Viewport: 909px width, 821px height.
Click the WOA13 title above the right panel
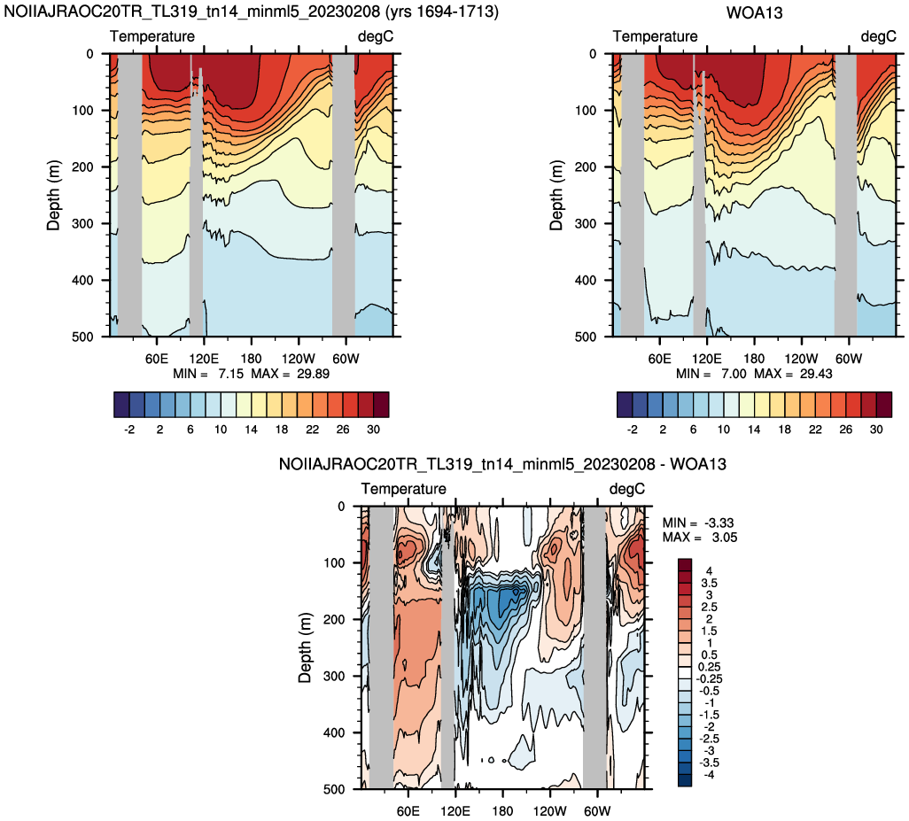coord(754,12)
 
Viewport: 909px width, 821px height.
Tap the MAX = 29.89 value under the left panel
coord(291,374)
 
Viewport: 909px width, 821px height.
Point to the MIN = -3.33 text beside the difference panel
coord(698,523)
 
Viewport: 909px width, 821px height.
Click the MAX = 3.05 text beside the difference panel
coord(700,537)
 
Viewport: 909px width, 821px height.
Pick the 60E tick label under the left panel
coord(157,359)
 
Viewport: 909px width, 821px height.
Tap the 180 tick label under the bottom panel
coord(502,810)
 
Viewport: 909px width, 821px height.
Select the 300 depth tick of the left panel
coord(82,224)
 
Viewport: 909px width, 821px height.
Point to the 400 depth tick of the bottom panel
coord(333,732)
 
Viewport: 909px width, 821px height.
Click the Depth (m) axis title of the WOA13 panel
coord(556,195)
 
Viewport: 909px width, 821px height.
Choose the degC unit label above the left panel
coord(376,36)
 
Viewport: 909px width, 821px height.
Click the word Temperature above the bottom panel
coord(403,489)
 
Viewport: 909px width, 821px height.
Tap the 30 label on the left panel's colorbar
coord(373,430)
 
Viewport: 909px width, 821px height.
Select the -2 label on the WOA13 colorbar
coord(632,430)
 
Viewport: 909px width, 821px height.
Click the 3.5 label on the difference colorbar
coord(709,583)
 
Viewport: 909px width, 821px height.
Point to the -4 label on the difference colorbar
coord(708,775)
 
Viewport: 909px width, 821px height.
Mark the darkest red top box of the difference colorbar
coord(685,565)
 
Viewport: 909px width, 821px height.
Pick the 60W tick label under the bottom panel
coord(597,810)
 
